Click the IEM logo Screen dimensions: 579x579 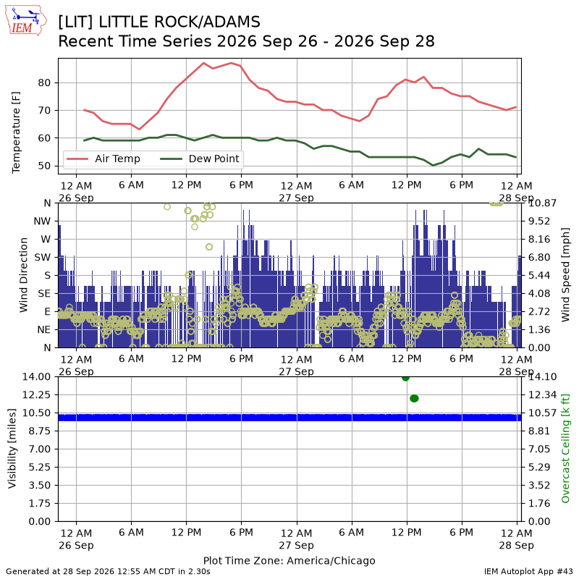click(26, 21)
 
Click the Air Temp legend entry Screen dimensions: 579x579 click(103, 159)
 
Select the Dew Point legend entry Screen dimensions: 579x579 click(200, 159)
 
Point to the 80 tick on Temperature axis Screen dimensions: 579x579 click(44, 83)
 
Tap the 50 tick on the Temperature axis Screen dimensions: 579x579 click(44, 166)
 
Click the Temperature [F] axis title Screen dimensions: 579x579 click(15, 132)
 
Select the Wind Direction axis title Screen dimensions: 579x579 click(24, 275)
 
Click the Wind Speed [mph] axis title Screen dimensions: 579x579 click(565, 275)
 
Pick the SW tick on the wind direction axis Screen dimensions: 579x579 click(43, 258)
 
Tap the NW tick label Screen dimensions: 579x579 click(42, 221)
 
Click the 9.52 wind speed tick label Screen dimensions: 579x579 click(539, 221)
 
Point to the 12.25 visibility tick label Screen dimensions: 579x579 click(36, 394)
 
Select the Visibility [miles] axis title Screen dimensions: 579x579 click(12, 449)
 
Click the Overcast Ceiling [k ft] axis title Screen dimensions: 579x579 click(565, 449)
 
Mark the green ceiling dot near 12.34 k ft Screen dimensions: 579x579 click(414, 399)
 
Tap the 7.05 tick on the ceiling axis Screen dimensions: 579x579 click(539, 449)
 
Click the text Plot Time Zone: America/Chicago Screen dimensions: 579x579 click(289, 560)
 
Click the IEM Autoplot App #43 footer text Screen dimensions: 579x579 click(528, 572)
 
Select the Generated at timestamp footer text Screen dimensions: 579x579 click(108, 572)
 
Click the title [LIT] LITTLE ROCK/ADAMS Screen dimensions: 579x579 click(159, 22)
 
